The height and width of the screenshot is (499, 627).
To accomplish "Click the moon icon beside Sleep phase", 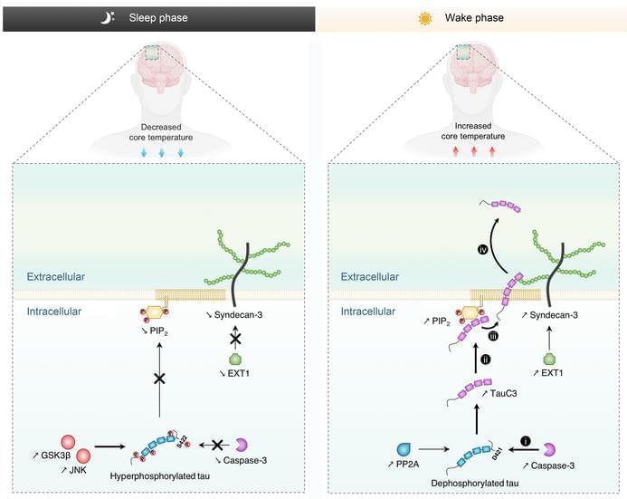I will coord(108,17).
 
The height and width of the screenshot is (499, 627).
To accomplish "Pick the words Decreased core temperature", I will coord(161,132).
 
